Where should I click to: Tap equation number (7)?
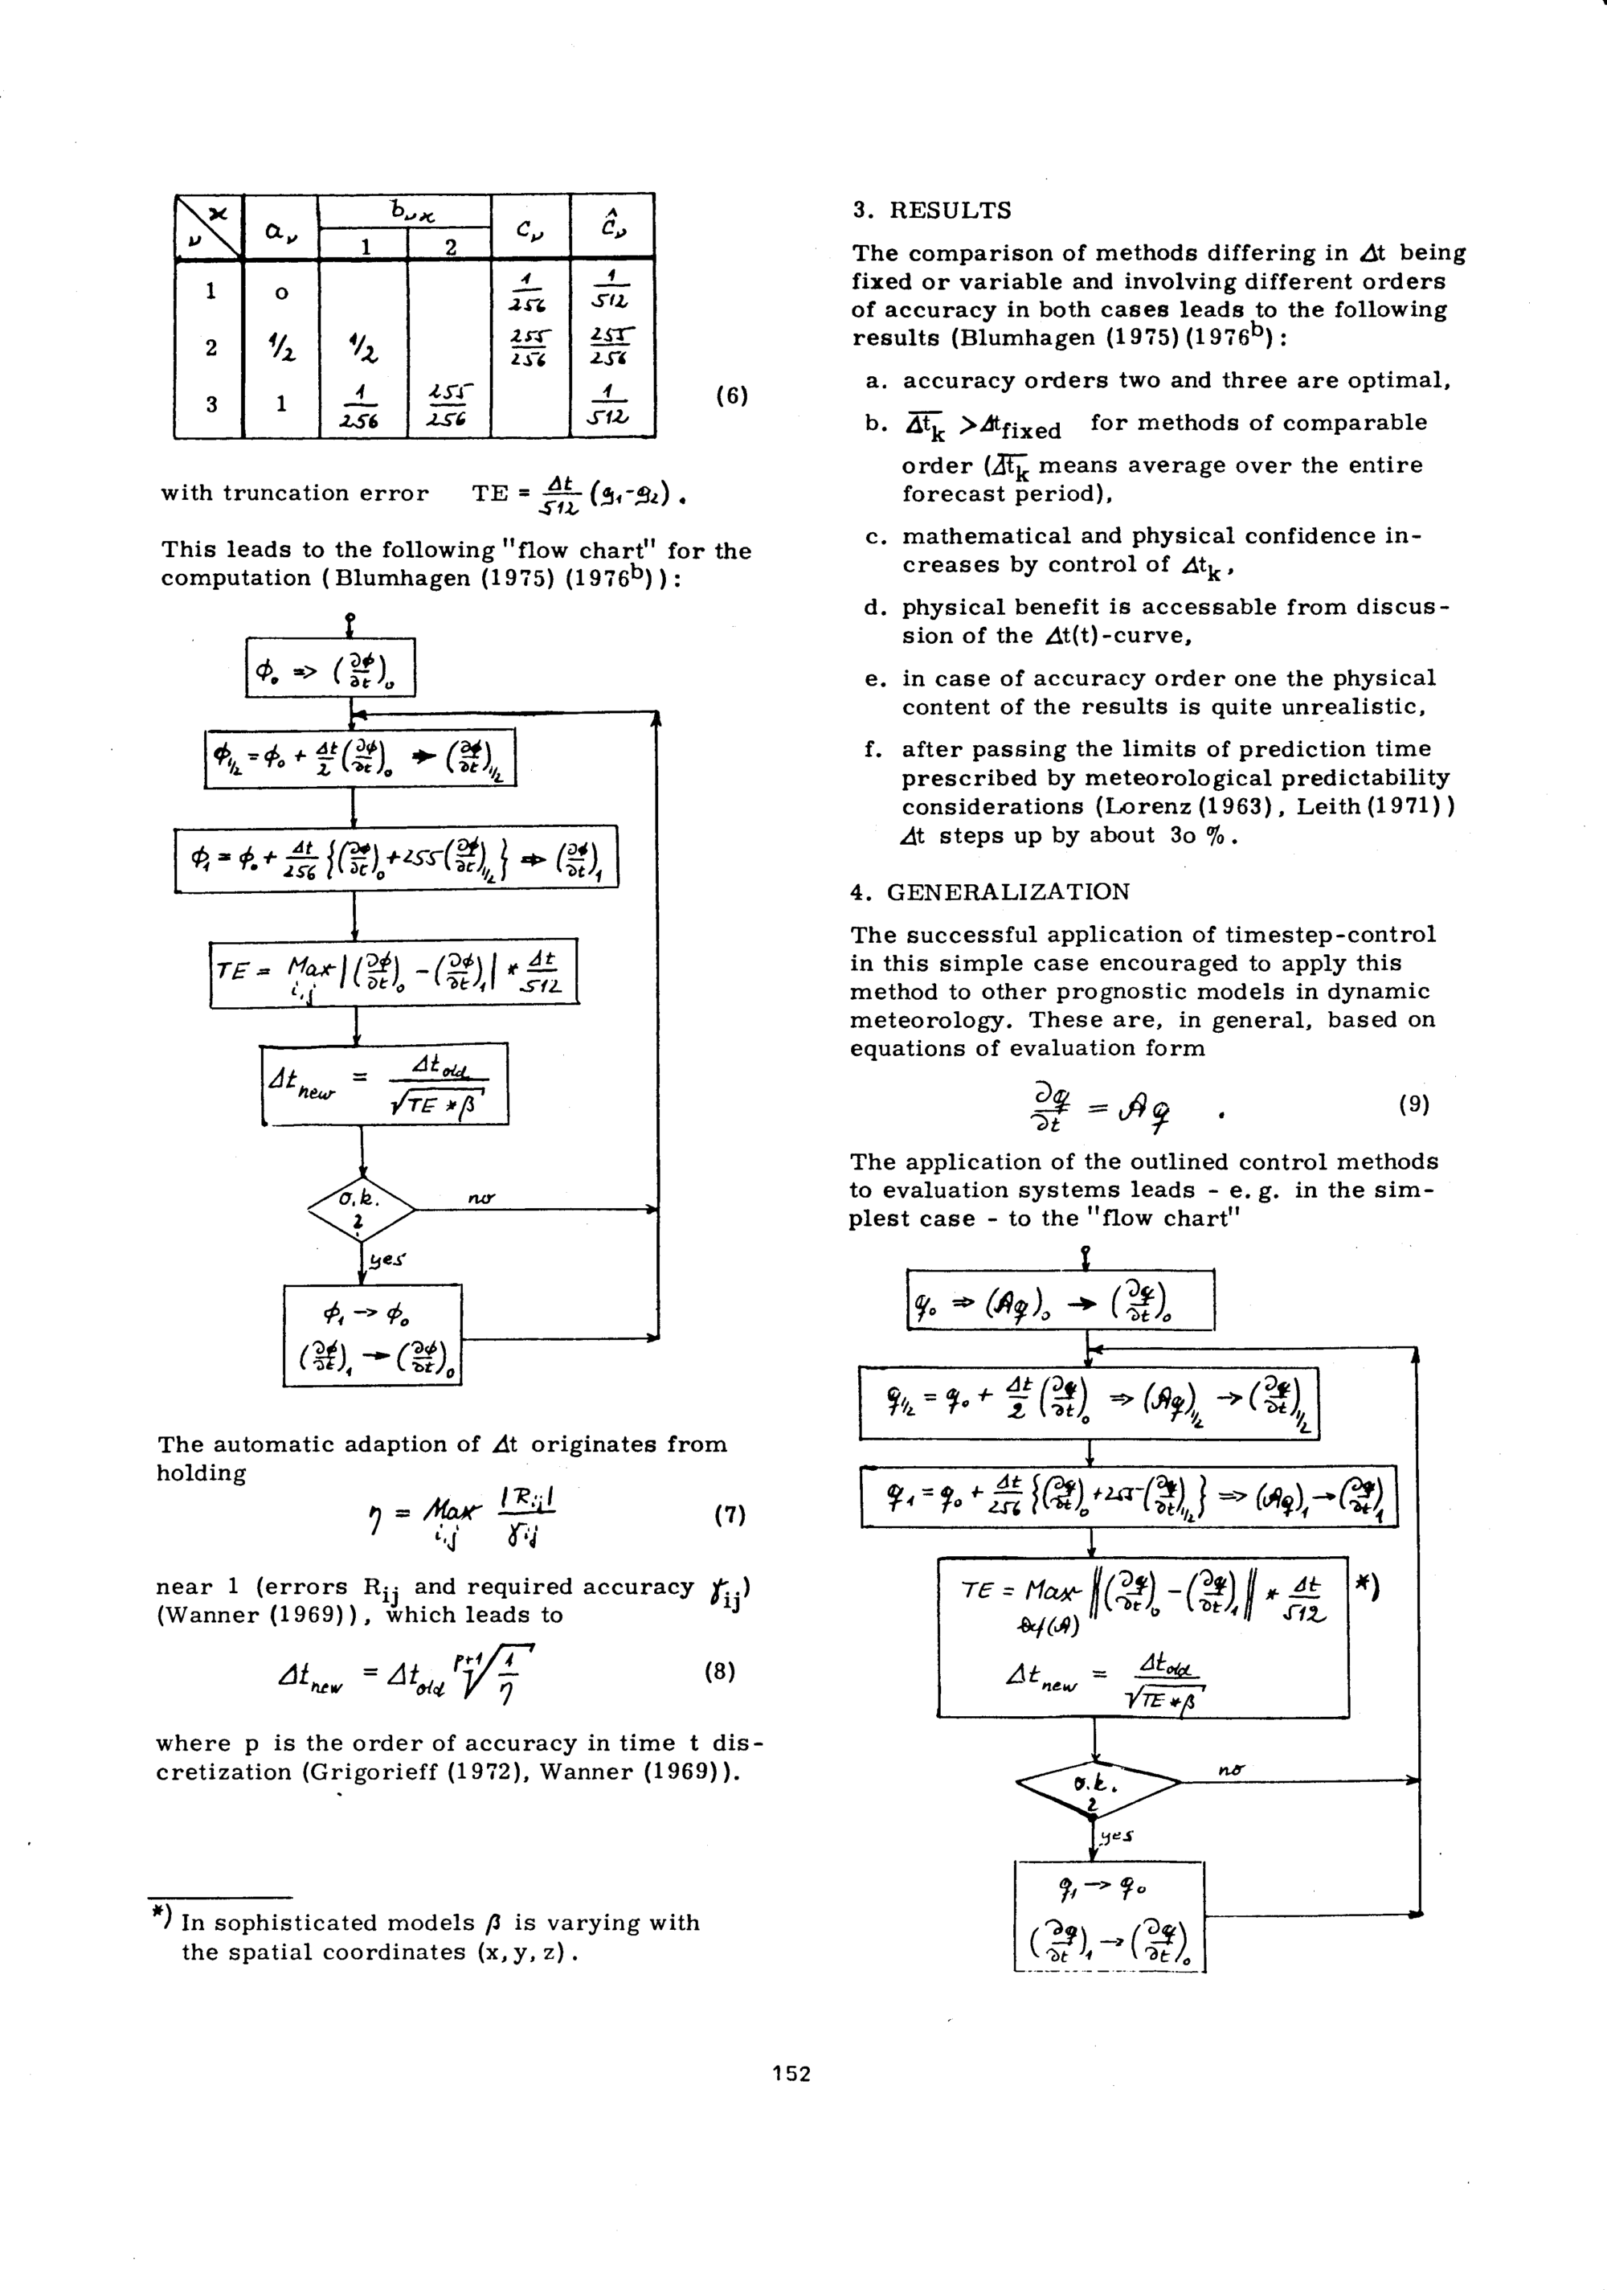coord(730,1515)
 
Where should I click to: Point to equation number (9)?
coord(1413,1104)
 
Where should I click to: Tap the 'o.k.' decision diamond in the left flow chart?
coord(361,1209)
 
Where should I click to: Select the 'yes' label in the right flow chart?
coord(1118,1835)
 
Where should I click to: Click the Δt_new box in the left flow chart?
coord(385,1084)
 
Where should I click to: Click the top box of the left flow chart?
coord(330,667)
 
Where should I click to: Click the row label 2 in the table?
coord(211,347)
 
